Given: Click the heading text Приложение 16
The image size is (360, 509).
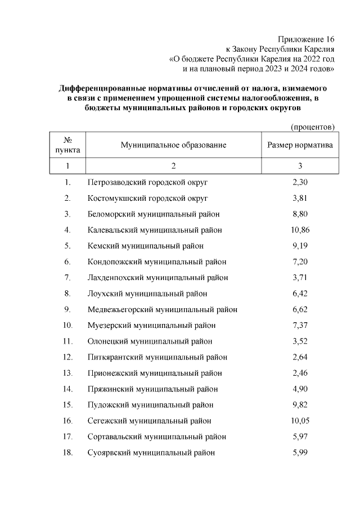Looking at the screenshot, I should pyautogui.click(x=306, y=39).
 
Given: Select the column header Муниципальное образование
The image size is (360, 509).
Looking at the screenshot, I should pyautogui.click(x=173, y=145).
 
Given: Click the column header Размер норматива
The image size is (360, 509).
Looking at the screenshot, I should pyautogui.click(x=300, y=145).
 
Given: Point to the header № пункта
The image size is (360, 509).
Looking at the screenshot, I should pyautogui.click(x=67, y=145).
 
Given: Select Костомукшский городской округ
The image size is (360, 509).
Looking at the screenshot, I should pyautogui.click(x=148, y=198).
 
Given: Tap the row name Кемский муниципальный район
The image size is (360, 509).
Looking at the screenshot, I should pyautogui.click(x=146, y=246).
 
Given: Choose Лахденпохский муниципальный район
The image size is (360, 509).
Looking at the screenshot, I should pyautogui.click(x=157, y=278).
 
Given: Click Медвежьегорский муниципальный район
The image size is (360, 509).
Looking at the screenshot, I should pyautogui.click(x=162, y=309).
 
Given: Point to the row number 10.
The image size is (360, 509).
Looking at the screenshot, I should pyautogui.click(x=67, y=326).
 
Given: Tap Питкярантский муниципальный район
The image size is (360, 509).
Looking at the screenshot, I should pyautogui.click(x=157, y=357).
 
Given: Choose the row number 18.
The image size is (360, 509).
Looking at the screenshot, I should pyautogui.click(x=67, y=453).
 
